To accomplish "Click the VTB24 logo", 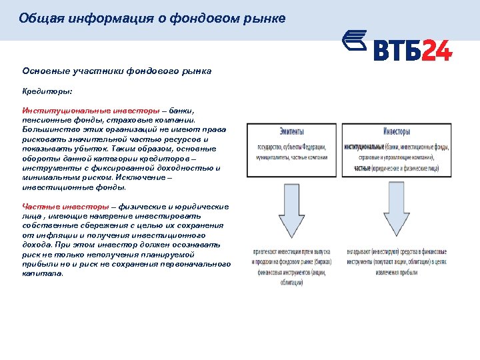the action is click(397, 47).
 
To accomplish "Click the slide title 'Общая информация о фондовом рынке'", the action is click(152, 19).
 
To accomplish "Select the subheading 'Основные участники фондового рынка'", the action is click(117, 71).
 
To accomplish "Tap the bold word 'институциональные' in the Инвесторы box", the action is click(364, 147).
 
